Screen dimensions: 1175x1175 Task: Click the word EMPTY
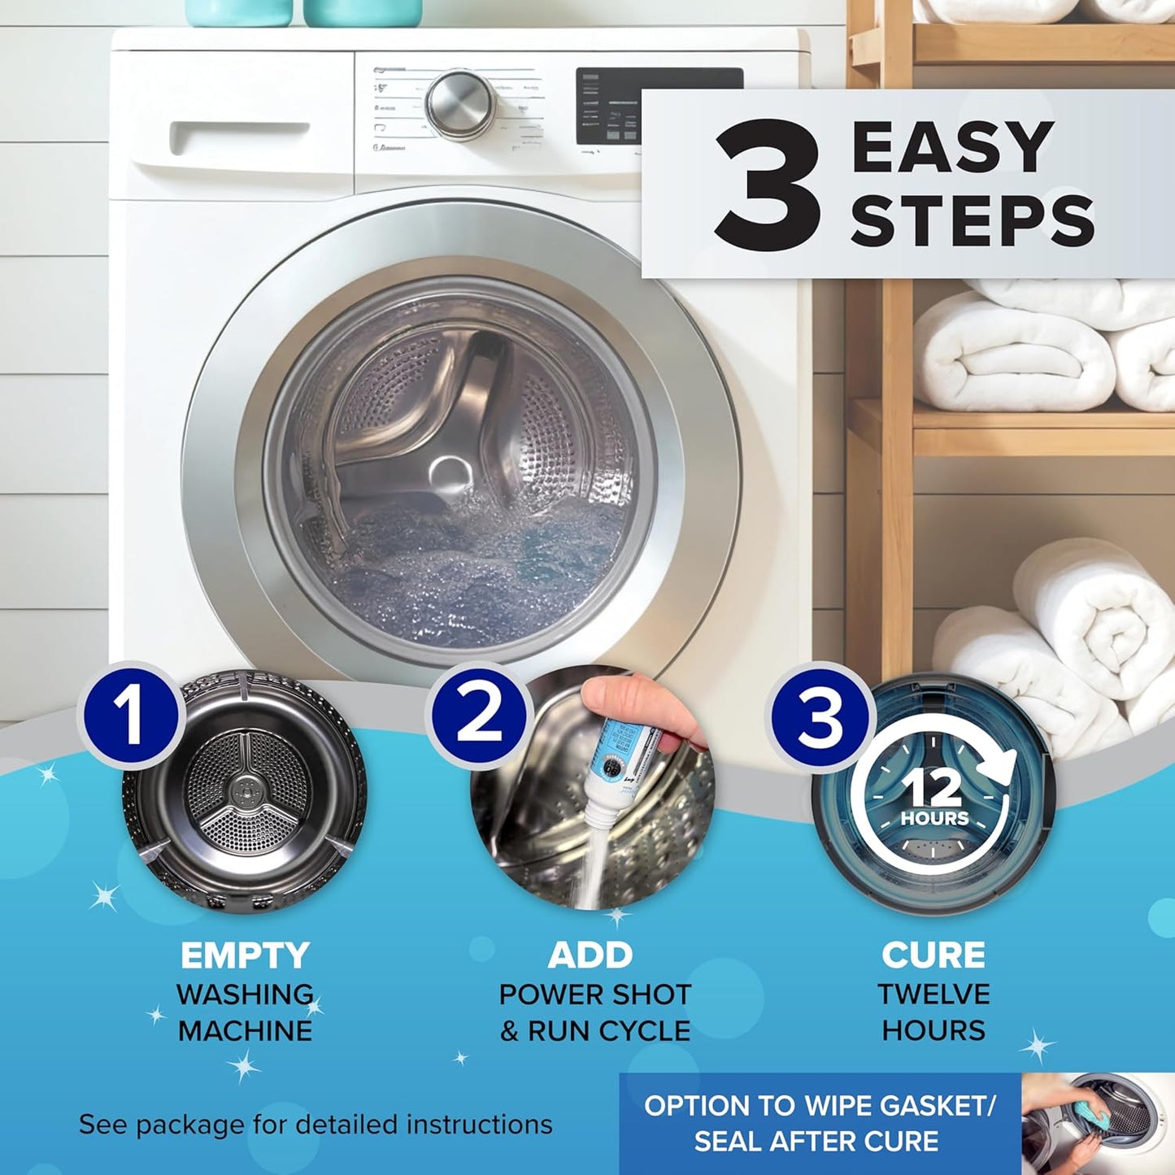coord(245,956)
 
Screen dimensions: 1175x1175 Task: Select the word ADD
coord(590,956)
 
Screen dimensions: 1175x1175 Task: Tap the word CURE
coord(933,956)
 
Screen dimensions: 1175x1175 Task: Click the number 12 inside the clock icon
coord(933,787)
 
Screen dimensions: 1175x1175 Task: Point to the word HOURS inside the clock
coord(934,819)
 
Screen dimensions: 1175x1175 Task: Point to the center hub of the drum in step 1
coord(244,790)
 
